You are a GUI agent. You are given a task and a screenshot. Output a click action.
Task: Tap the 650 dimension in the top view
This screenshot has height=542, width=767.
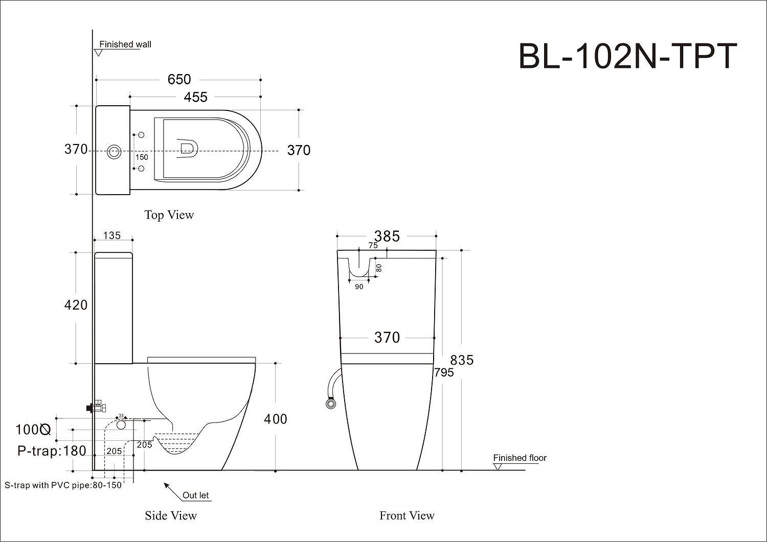click(179, 79)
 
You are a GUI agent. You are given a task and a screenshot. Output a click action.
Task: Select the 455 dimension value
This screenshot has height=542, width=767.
click(195, 97)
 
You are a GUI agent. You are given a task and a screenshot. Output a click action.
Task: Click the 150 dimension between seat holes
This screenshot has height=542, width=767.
click(142, 157)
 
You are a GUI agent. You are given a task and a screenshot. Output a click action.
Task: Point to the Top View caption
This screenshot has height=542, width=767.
click(169, 215)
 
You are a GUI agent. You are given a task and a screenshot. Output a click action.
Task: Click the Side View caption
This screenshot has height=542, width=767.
click(171, 515)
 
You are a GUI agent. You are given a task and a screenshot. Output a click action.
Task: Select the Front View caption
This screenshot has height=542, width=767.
click(407, 515)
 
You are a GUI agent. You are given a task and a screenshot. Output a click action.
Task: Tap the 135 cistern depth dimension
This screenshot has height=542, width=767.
click(112, 235)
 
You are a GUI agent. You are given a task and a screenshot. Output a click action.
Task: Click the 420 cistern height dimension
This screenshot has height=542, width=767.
click(76, 305)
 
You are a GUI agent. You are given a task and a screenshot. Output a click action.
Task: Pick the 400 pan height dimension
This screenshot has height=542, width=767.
click(275, 419)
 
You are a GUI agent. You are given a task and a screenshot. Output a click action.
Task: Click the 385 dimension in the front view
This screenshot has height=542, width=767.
click(387, 236)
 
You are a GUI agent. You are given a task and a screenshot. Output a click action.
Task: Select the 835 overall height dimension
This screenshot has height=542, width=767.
click(462, 360)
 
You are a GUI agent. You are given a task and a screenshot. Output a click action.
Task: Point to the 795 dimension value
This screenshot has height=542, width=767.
click(444, 373)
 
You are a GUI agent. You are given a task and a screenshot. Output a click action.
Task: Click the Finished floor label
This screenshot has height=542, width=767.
click(520, 458)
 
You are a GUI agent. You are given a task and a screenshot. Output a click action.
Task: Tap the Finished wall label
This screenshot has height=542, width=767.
click(125, 44)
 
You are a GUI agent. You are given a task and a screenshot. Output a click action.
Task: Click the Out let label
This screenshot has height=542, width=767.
click(196, 495)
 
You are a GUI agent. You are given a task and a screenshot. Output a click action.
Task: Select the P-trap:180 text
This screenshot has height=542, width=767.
click(52, 451)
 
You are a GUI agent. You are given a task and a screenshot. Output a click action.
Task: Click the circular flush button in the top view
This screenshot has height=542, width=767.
click(115, 151)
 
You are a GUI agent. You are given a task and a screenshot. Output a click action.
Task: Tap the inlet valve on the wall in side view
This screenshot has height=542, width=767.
click(97, 407)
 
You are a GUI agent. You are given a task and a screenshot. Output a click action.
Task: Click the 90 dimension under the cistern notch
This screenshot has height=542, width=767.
click(359, 287)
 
